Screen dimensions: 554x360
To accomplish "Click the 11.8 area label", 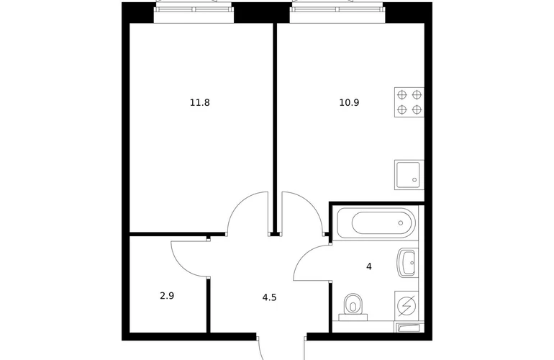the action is click(200, 103).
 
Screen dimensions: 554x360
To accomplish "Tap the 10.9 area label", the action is click(349, 103).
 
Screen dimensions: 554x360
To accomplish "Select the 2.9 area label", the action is click(167, 296).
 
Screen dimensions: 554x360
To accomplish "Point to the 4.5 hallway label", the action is click(269, 298).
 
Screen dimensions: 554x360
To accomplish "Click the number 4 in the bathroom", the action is click(369, 266).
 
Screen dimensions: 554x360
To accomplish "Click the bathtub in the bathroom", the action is click(376, 222).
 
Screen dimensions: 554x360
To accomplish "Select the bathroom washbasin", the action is click(408, 262).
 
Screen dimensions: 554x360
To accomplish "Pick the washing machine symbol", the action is click(407, 306).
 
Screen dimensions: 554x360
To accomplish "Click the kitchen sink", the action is click(409, 175).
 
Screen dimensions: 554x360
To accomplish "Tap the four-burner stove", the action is click(409, 102).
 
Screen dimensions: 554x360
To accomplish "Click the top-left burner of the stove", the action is click(402, 94).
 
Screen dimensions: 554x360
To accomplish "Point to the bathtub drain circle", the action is click(401, 222).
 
